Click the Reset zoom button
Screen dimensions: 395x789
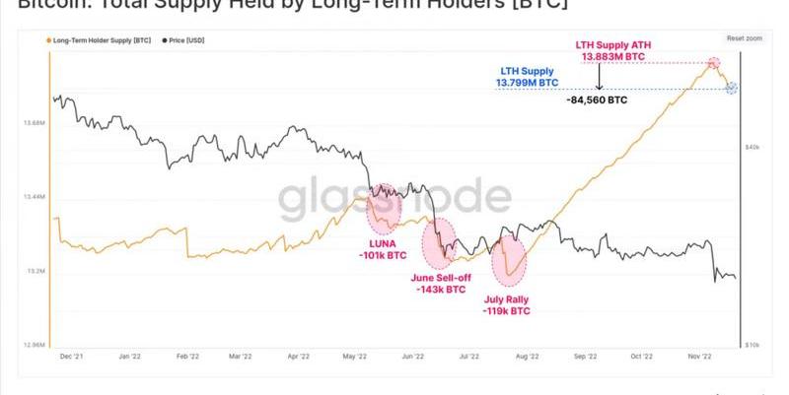[745, 37]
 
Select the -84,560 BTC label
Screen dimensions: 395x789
[598, 99]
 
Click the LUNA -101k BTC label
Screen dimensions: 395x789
[384, 250]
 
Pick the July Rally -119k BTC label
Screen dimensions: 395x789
[507, 304]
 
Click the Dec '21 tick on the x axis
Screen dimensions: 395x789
[70, 359]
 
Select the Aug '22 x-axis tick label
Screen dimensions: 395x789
[529, 359]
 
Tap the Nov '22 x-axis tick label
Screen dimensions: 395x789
[701, 359]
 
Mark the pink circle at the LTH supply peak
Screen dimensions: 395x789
[713, 63]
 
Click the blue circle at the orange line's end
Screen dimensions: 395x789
[731, 89]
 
